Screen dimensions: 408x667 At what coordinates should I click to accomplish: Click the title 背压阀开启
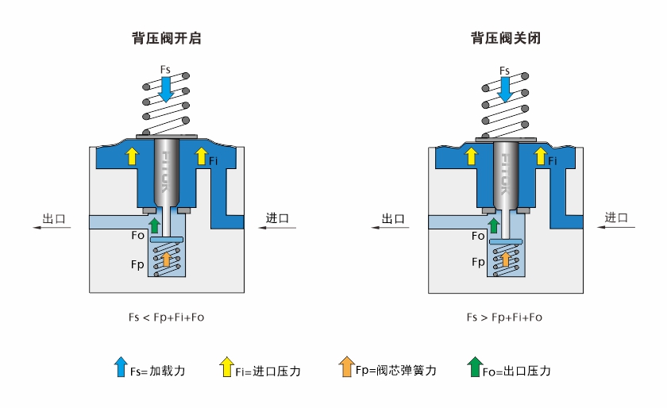coord(166,37)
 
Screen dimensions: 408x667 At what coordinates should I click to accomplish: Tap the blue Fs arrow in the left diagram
coord(165,89)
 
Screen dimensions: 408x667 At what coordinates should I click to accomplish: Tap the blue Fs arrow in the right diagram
coord(505,90)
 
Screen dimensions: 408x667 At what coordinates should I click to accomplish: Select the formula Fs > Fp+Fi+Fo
coord(504,317)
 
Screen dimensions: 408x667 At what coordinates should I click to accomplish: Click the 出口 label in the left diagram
coord(53,218)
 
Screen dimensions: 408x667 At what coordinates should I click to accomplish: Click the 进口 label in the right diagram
coord(617,217)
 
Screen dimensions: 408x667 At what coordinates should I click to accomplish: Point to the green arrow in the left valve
coord(155,224)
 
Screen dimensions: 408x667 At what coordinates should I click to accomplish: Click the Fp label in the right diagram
coord(478,261)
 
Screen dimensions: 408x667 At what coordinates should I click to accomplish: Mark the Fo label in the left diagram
coord(138,235)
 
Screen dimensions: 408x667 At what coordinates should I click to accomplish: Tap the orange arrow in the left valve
coord(165,259)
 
